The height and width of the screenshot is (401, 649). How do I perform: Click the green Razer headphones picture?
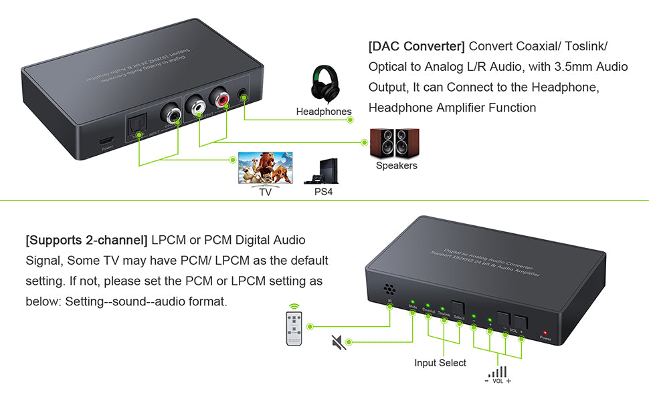pos(324,84)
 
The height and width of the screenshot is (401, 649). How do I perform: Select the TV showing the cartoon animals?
pos(266,168)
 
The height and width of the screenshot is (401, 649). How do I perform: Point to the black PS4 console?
pos(323,171)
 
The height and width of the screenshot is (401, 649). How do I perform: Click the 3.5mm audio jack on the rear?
pos(242,92)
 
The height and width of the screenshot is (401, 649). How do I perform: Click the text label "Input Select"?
pos(440,363)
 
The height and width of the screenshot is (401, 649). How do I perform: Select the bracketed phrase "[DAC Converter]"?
pos(416,47)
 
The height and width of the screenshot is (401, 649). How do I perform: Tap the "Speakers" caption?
pos(396,166)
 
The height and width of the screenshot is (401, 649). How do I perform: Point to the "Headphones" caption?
pos(324,112)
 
